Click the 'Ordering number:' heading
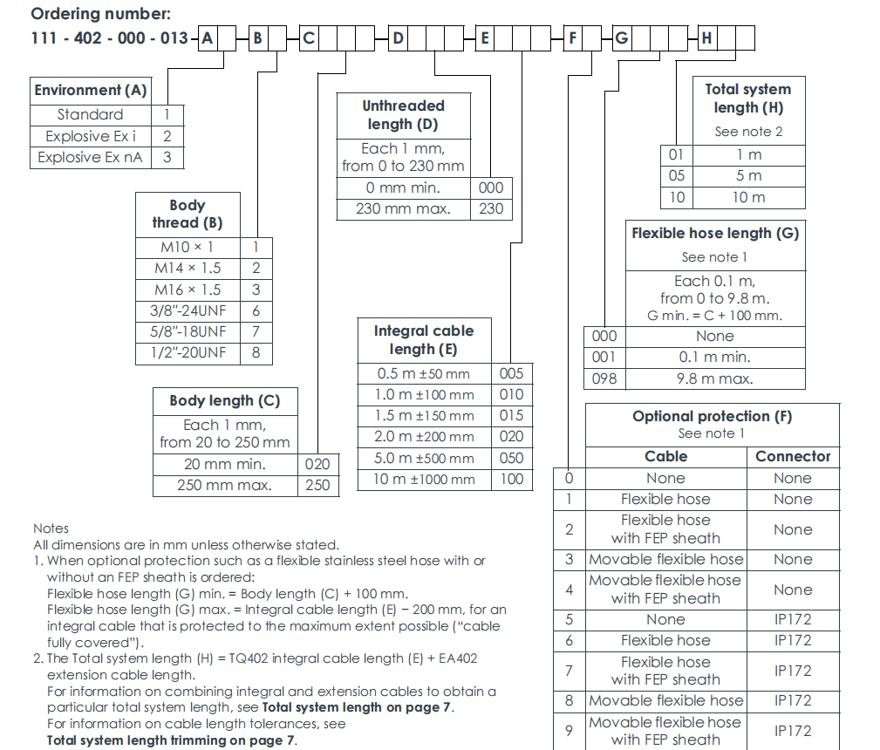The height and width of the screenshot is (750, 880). pyautogui.click(x=89, y=14)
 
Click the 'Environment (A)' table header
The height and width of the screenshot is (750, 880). pyautogui.click(x=91, y=90)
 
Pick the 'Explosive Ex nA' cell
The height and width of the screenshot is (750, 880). pyautogui.click(x=91, y=157)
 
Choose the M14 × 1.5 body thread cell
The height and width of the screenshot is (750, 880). pyautogui.click(x=188, y=269)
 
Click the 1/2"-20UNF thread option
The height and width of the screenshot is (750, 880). pyautogui.click(x=188, y=352)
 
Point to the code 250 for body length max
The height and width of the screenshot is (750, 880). pyautogui.click(x=317, y=485)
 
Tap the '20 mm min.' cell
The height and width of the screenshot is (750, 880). pyautogui.click(x=224, y=464)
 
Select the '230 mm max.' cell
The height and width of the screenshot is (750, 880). pyautogui.click(x=402, y=208)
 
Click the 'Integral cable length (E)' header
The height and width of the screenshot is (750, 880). pyautogui.click(x=424, y=340)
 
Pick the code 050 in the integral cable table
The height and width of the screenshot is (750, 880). pyautogui.click(x=512, y=458)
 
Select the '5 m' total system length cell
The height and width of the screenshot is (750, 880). pyautogui.click(x=748, y=176)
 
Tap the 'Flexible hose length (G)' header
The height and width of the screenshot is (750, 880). pyautogui.click(x=715, y=234)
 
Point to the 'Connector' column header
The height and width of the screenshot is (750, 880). pyautogui.click(x=793, y=456)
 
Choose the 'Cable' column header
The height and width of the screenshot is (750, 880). pyautogui.click(x=665, y=456)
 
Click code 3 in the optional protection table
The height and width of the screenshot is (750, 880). pyautogui.click(x=569, y=559)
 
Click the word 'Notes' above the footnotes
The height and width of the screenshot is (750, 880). pyautogui.click(x=51, y=528)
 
